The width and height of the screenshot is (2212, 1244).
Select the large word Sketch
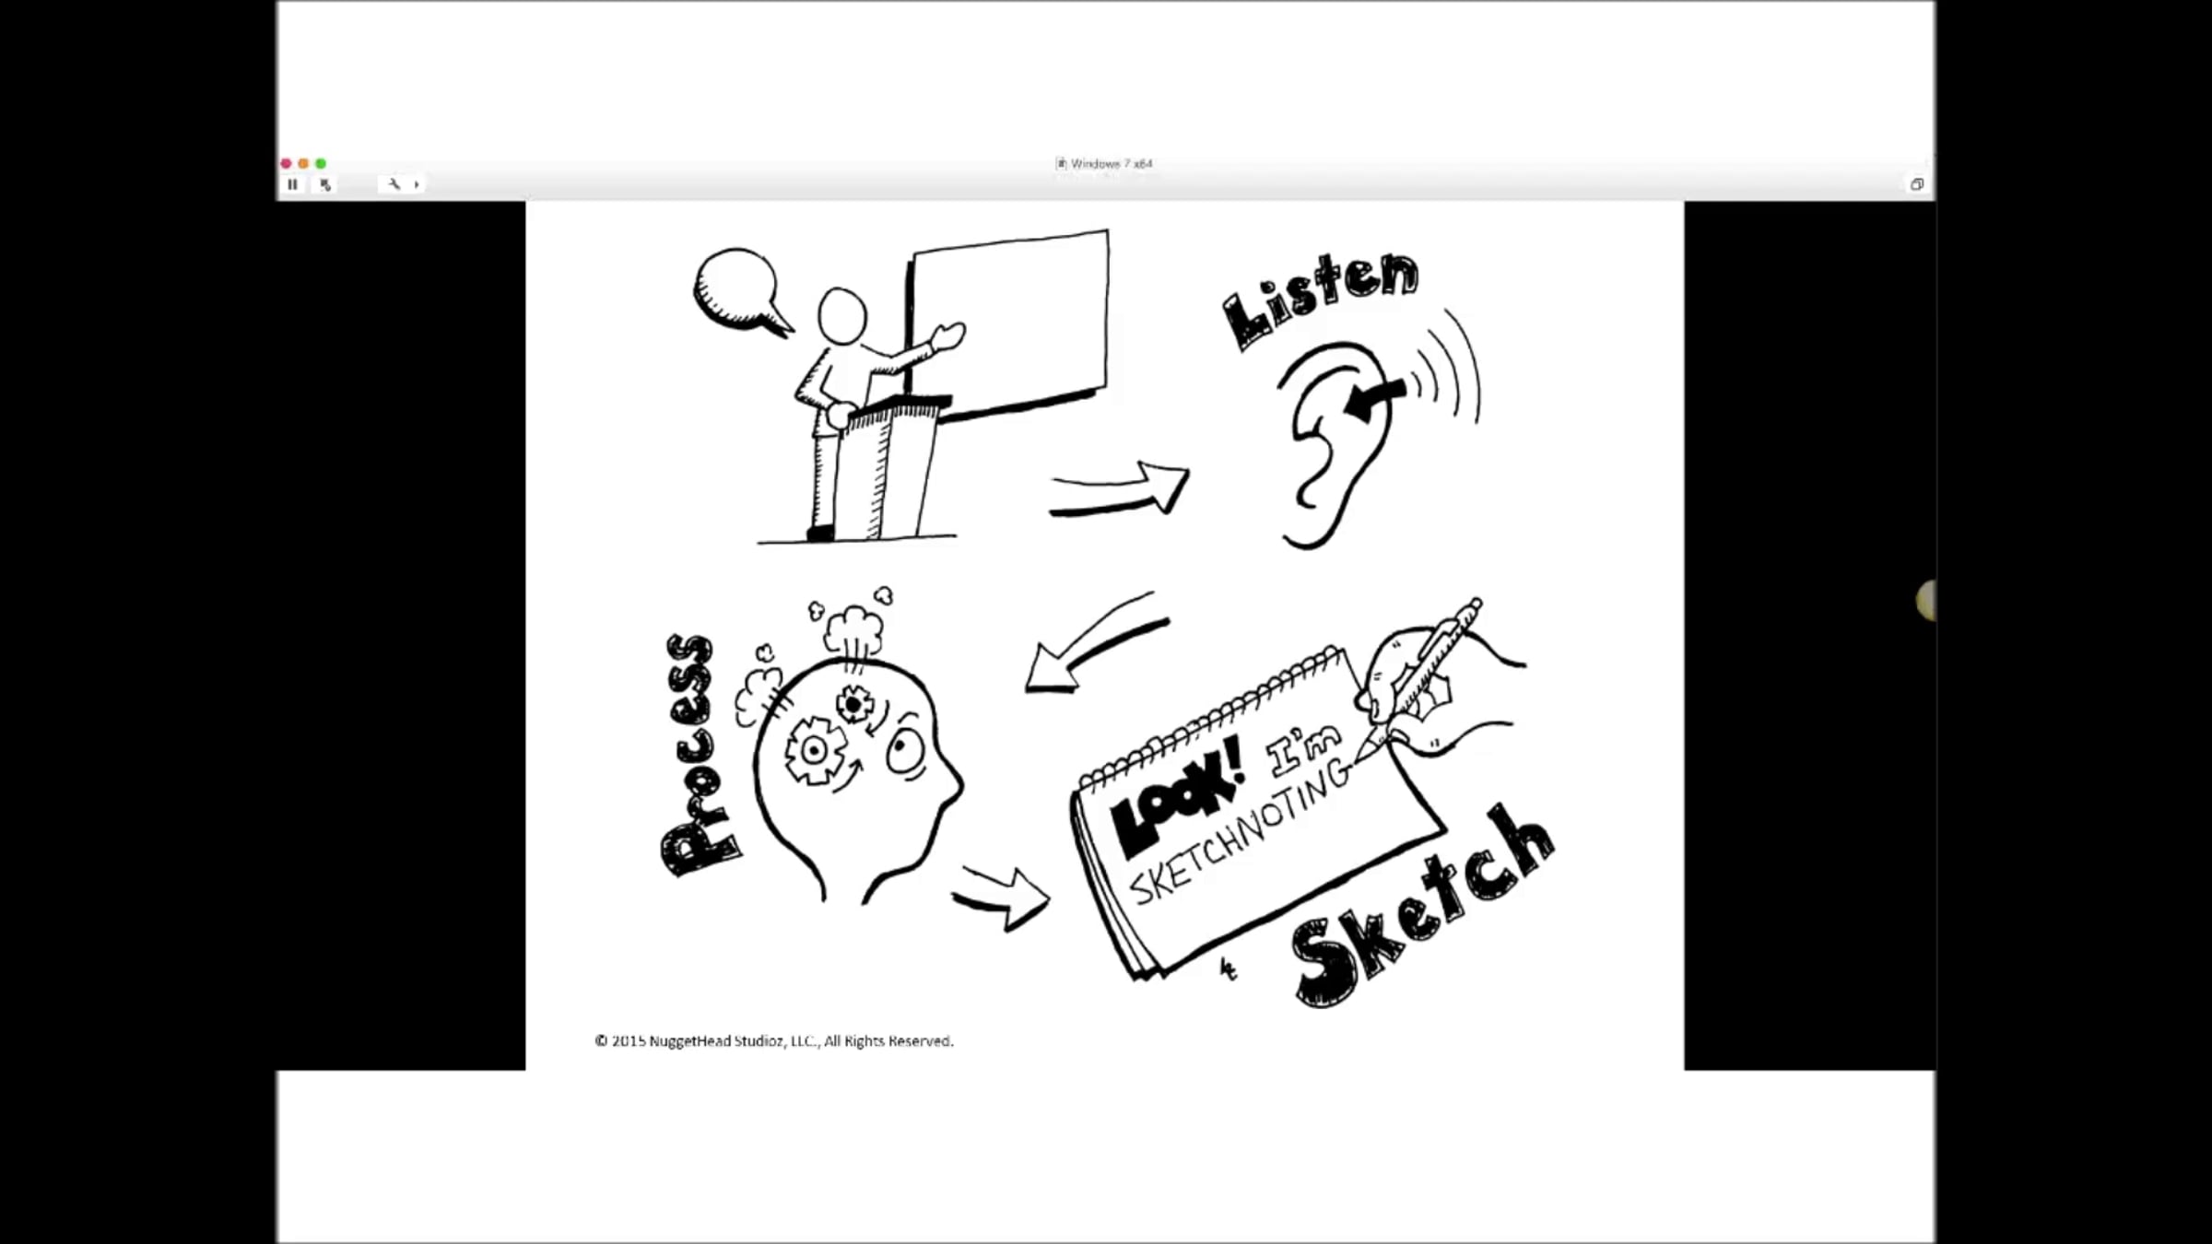click(x=1424, y=908)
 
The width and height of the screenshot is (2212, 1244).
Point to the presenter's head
click(x=842, y=316)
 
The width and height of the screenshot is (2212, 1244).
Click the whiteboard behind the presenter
click(x=1010, y=323)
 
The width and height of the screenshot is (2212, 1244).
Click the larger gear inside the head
click(x=814, y=750)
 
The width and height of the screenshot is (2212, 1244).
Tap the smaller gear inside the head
click(x=854, y=705)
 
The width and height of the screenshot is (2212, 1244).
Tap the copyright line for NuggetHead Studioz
click(x=774, y=1041)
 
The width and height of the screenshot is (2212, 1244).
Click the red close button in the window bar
click(x=286, y=163)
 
